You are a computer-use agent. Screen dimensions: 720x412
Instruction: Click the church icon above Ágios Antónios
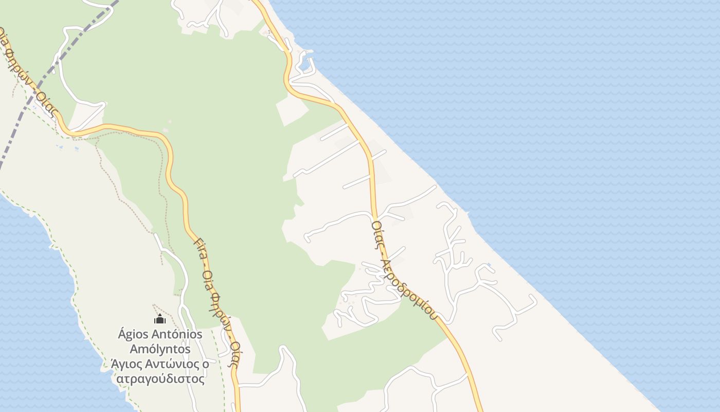[160, 319]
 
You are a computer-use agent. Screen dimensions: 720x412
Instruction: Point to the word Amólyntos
[160, 349]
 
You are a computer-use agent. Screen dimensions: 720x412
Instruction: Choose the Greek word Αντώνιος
[173, 364]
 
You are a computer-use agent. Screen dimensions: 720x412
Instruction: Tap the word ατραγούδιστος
[160, 379]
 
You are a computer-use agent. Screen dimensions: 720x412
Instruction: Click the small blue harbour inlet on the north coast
[307, 64]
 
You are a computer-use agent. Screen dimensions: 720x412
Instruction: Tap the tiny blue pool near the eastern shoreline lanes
[489, 266]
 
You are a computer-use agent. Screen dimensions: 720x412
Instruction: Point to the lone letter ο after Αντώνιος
[205, 364]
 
